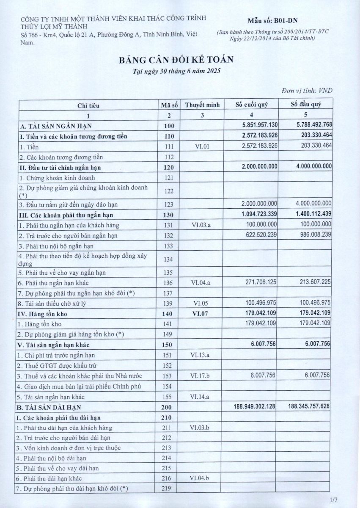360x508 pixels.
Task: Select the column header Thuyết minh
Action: coord(202,105)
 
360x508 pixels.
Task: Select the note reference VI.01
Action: coord(202,146)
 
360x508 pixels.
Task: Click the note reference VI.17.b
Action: coord(202,375)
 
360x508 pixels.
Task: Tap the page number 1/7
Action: coord(334,500)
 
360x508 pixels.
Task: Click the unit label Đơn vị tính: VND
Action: coord(307,91)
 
